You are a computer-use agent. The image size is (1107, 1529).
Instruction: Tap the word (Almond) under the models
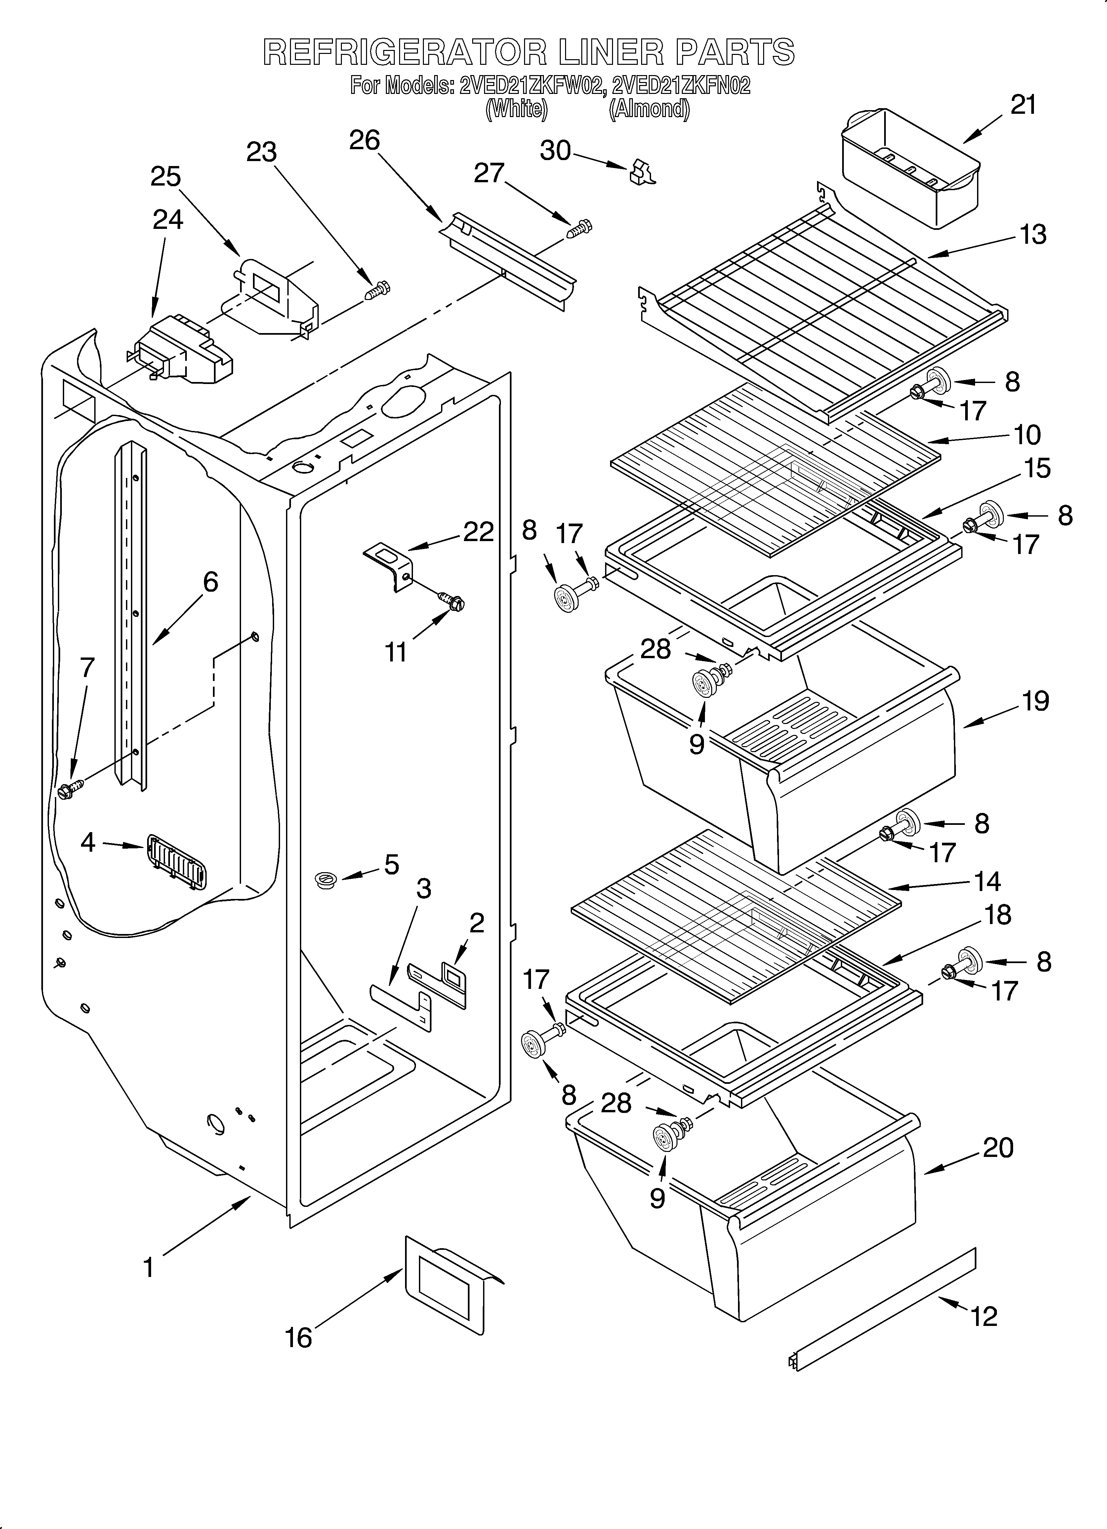pos(649,109)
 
